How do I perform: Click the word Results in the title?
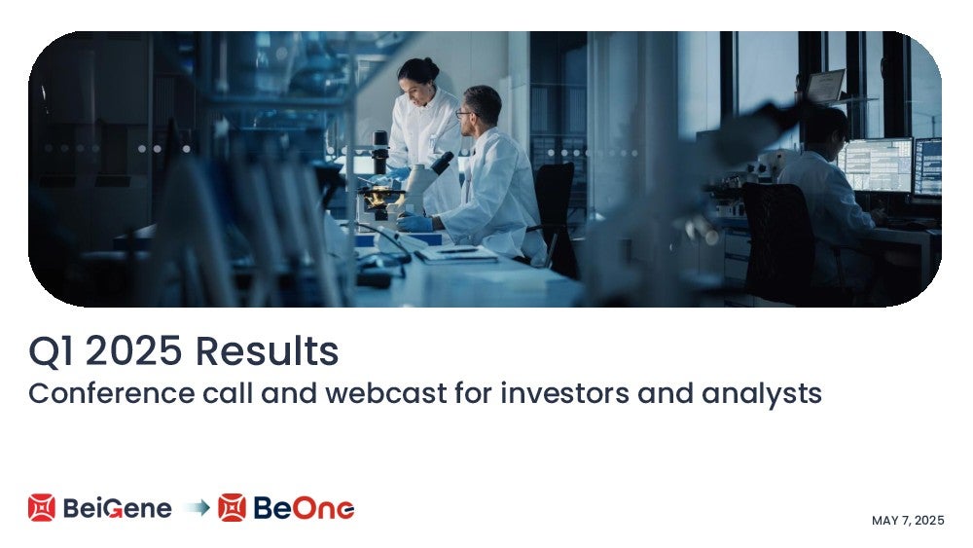coord(267,350)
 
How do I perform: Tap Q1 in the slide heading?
coord(51,351)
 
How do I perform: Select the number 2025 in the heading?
coord(133,350)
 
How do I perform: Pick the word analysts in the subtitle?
coord(762,394)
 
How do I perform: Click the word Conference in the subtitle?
coord(112,393)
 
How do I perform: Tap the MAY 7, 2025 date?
coord(908,521)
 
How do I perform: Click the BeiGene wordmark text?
coord(118,509)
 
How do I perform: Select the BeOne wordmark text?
coord(304,508)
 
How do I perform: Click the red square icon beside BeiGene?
coord(42,508)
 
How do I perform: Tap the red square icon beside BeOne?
coord(233,508)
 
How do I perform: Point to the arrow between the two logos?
coord(198,508)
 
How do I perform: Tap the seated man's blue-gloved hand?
coord(414,222)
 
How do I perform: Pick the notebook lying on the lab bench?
coord(456,253)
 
